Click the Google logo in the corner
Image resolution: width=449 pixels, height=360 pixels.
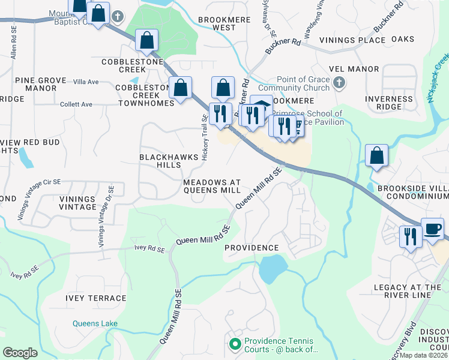[x=20, y=353]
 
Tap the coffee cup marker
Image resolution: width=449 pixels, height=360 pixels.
[x=433, y=229]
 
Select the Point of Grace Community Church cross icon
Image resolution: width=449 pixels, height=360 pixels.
[x=339, y=82]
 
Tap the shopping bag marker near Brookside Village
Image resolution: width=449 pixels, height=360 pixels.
[x=376, y=155]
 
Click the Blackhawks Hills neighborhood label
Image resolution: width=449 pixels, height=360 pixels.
[x=160, y=160]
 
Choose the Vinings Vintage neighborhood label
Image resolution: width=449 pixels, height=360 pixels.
[x=78, y=203]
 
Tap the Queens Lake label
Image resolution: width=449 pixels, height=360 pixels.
[x=95, y=323]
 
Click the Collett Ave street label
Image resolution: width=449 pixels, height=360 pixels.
[x=76, y=104]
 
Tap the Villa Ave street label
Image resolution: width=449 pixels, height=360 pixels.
[x=85, y=82]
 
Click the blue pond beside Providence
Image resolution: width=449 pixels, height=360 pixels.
[x=273, y=267]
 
